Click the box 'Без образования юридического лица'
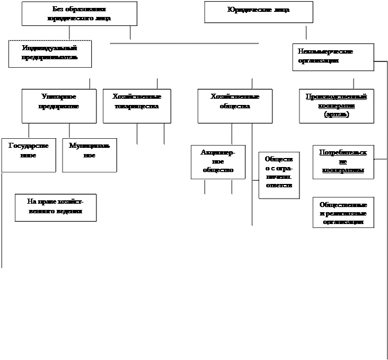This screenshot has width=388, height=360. [79, 14]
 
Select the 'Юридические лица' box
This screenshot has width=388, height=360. [258, 11]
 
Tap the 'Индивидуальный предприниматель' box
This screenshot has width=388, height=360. [50, 54]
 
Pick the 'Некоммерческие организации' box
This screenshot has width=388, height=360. [333, 57]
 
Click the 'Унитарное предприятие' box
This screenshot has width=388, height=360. [59, 106]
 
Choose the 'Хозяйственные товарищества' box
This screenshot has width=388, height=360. [136, 106]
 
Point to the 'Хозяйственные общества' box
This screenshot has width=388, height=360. [235, 106]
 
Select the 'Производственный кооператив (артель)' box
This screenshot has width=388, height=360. [336, 106]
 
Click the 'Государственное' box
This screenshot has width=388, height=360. [28, 155]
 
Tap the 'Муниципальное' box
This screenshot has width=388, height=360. [89, 155]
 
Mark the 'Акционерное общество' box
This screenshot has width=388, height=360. [218, 161]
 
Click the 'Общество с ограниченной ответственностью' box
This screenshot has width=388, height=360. [279, 175]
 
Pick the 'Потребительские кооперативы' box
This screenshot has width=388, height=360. [343, 162]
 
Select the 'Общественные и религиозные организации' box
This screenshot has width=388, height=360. [343, 213]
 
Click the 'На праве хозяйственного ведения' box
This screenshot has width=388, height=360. [55, 208]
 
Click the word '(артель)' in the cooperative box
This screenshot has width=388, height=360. [336, 115]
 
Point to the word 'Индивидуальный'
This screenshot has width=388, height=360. [49, 49]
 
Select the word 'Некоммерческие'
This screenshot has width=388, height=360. [325, 52]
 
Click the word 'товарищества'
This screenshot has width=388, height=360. [136, 106]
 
